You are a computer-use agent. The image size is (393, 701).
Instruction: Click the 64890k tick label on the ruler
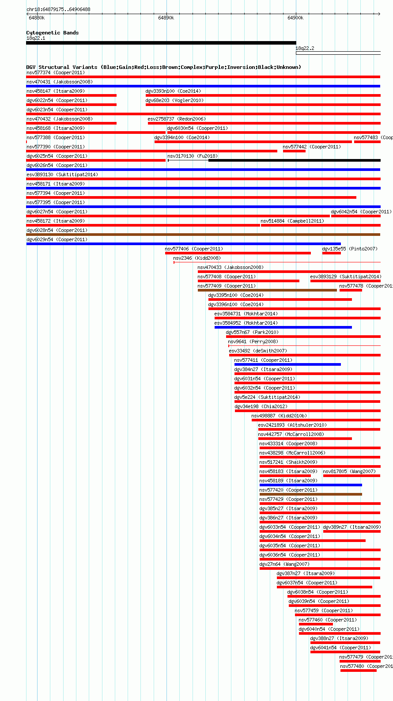click(x=166, y=18)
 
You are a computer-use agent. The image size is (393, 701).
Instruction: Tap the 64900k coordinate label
click(x=295, y=18)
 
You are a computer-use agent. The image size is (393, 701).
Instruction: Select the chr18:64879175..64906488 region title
click(x=59, y=9)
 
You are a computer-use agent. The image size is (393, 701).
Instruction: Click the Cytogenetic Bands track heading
click(x=52, y=33)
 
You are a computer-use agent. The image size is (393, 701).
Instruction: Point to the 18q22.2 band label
click(x=305, y=48)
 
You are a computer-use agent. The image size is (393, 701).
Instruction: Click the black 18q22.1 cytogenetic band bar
click(x=161, y=43)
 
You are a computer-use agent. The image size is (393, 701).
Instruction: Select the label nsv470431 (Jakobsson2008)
click(x=60, y=82)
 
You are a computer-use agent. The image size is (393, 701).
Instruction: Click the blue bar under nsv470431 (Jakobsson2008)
click(x=203, y=86)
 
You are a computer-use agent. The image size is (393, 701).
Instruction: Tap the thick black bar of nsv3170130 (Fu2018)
click(x=295, y=160)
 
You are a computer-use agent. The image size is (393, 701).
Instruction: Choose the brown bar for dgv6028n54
click(x=203, y=235)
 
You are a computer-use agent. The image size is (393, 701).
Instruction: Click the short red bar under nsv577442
click(x=294, y=151)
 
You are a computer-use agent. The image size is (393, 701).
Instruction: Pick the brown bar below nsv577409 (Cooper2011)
click(x=267, y=290)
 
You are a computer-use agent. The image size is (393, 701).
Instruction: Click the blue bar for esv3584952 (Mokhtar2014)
click(x=283, y=327)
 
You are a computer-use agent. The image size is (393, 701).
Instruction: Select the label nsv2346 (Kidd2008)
click(x=197, y=258)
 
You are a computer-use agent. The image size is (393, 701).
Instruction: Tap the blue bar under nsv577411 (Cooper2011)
click(x=287, y=364)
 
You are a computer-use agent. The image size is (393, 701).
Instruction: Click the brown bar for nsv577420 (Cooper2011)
click(x=311, y=494)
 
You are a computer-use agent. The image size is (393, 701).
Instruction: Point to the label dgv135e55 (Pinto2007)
click(x=350, y=249)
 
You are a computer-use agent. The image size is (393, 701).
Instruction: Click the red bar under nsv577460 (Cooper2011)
click(x=316, y=624)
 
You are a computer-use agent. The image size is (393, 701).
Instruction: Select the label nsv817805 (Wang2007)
click(x=349, y=471)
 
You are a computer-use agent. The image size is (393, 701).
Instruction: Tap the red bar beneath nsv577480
click(x=358, y=671)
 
